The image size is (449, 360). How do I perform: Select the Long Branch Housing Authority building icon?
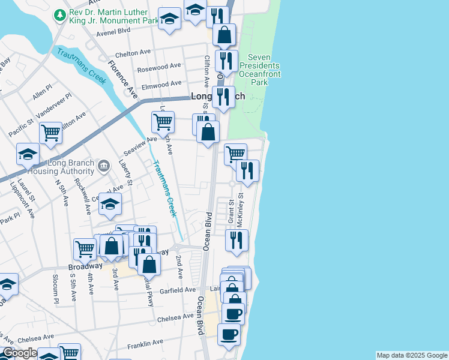pyautogui.click(x=104, y=165)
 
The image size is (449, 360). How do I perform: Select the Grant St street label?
pyautogui.click(x=231, y=211)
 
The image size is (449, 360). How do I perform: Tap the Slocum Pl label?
pyautogui.click(x=55, y=286)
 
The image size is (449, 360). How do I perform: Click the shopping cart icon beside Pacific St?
pyautogui.click(x=50, y=132)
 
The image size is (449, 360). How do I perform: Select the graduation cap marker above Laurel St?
pyautogui.click(x=28, y=155)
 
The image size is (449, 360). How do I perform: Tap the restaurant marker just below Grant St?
pyautogui.click(x=237, y=239)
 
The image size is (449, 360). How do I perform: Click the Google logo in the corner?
pyautogui.click(x=19, y=353)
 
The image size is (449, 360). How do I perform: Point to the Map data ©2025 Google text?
pyautogui.click(x=411, y=355)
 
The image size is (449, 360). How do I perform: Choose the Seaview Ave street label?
pyautogui.click(x=140, y=142)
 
